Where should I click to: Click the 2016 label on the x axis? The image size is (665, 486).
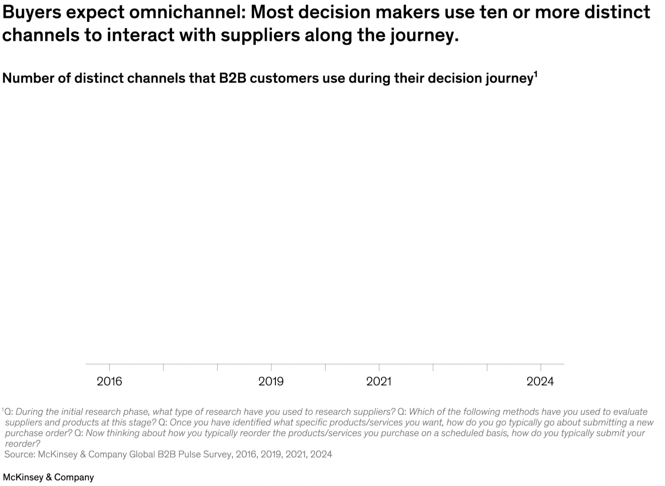coord(109,382)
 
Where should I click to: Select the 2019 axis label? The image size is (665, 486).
coord(271,382)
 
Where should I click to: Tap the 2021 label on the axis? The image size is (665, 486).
coord(378,382)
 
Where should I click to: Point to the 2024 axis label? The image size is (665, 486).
coord(540,382)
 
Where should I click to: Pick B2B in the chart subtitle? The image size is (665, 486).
coord(232,78)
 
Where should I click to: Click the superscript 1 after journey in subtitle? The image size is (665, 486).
coord(535,74)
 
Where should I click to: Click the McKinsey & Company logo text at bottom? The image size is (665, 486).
coord(48,477)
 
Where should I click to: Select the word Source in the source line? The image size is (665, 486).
coord(19,454)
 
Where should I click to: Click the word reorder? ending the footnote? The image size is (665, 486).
coord(22,444)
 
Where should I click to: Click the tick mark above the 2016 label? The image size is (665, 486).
coord(109,367)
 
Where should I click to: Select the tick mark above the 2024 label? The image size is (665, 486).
coord(541,367)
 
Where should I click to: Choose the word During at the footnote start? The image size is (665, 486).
coord(28,412)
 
